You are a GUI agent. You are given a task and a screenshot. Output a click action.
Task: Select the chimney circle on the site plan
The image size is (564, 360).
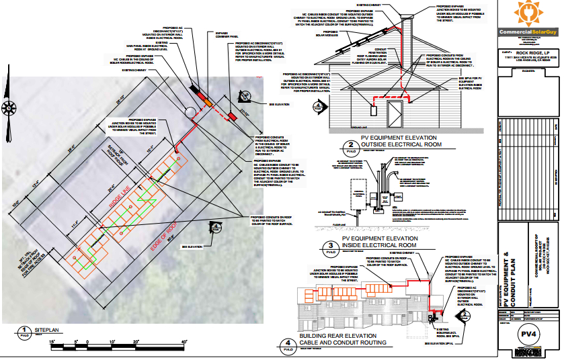pos(190,110)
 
